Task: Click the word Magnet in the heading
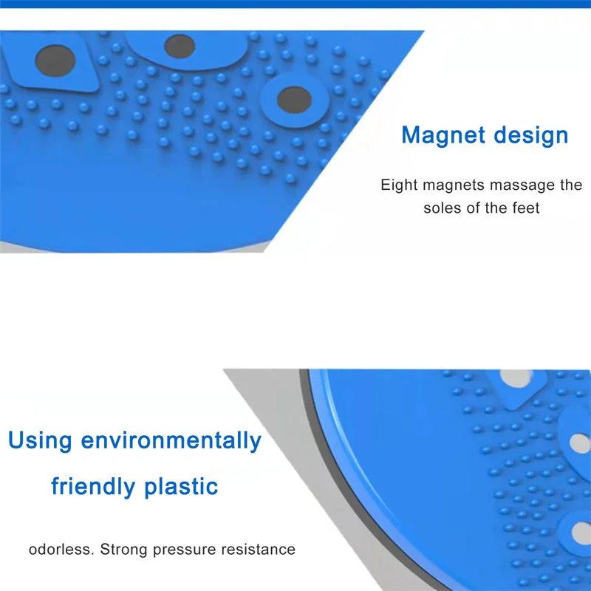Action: pos(443,134)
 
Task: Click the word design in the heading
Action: pos(531,136)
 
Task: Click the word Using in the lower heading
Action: pos(40,440)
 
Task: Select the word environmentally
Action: pos(171,440)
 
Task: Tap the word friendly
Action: pos(93,486)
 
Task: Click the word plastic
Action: pos(181,486)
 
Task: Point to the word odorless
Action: pos(61,549)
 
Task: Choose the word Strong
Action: pos(123,550)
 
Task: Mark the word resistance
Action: pos(258,549)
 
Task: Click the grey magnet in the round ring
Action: pos(294,100)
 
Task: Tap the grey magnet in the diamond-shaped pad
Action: pos(55,61)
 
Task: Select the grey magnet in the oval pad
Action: pos(180,47)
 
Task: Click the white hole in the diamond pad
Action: pos(516,378)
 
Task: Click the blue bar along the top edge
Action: pos(295,4)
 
